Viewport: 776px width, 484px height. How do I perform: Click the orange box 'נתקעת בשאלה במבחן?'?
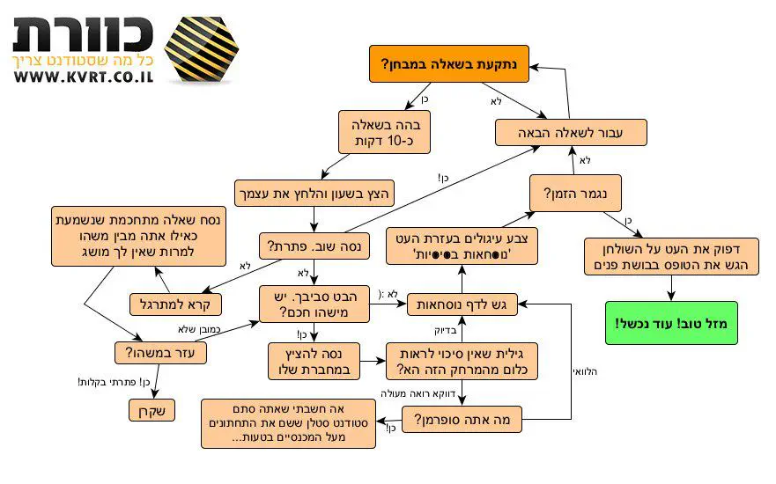(x=448, y=65)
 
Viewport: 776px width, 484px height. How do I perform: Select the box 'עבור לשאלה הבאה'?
(x=571, y=133)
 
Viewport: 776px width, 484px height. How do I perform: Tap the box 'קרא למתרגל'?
(x=176, y=304)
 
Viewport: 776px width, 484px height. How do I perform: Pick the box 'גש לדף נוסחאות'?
(x=462, y=304)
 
